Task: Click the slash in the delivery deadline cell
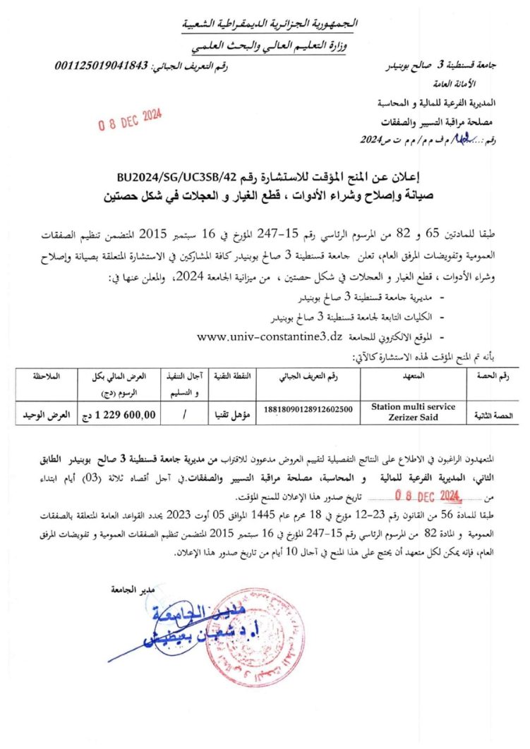[x=183, y=416]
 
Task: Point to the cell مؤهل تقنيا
[x=226, y=416]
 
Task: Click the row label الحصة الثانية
[x=498, y=417]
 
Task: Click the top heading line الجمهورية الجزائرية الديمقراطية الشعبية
[x=272, y=25]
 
